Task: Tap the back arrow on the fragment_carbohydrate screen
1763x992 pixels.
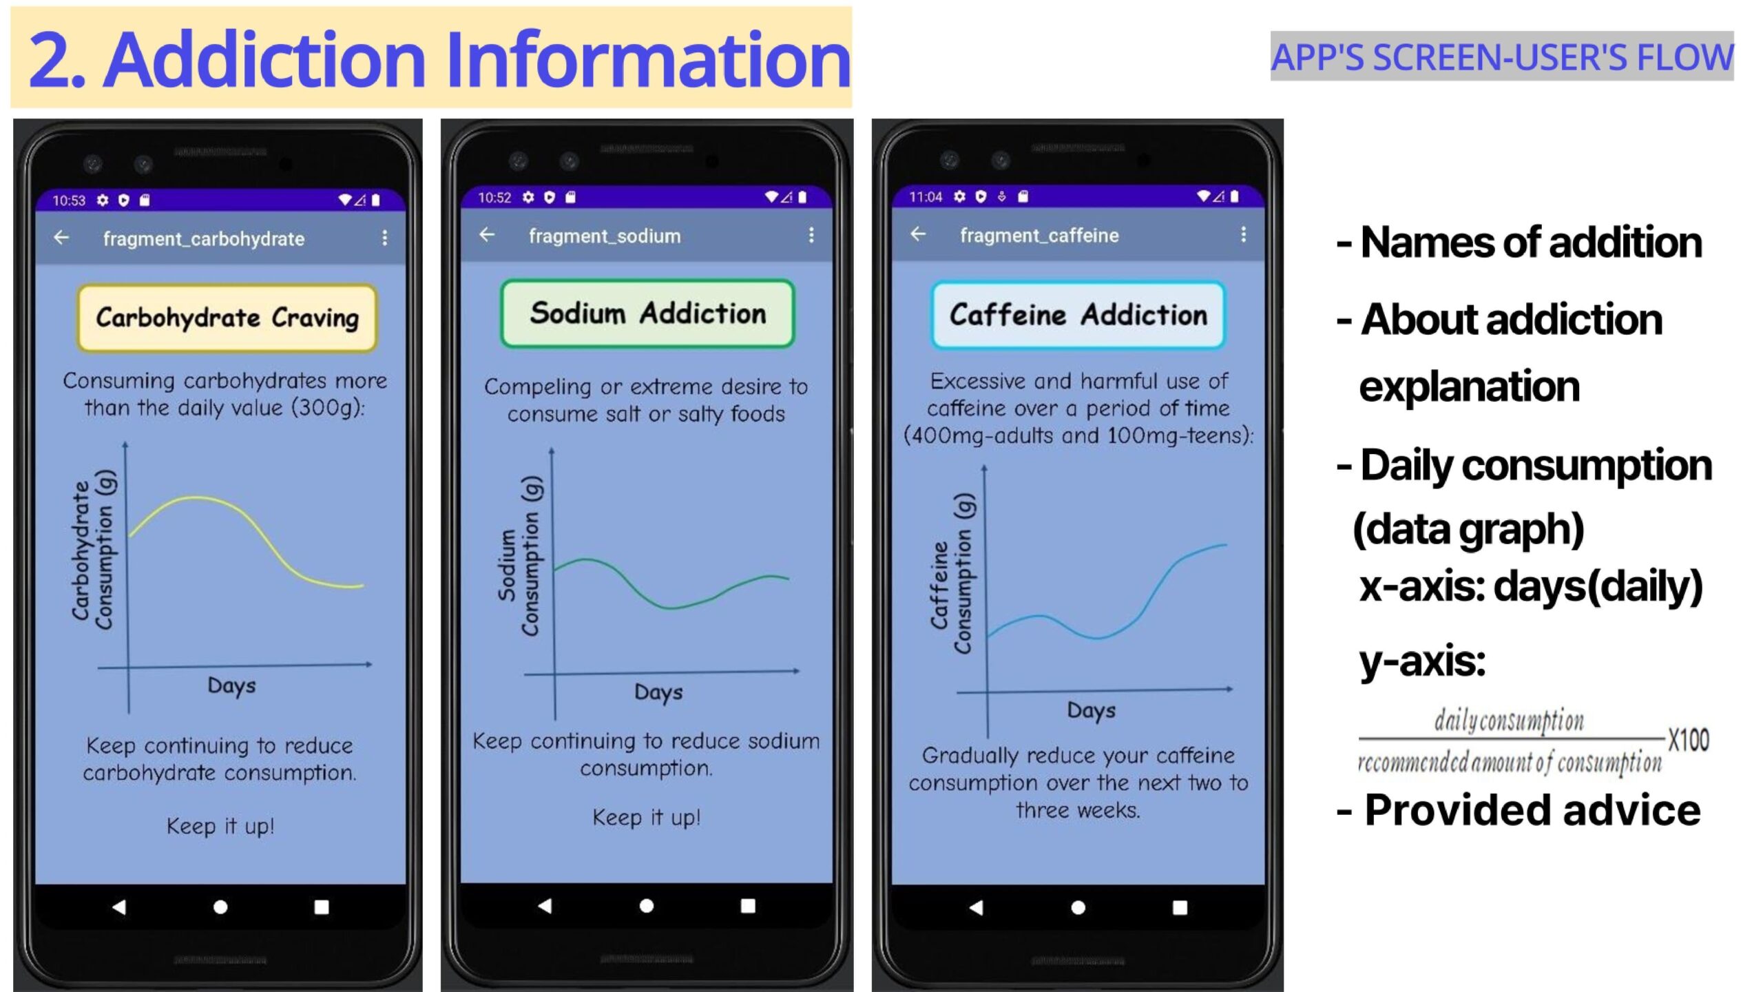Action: click(x=61, y=238)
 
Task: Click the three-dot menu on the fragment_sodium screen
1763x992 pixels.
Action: click(x=811, y=235)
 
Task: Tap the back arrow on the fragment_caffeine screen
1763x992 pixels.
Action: click(x=918, y=234)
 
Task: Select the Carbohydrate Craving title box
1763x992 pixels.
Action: click(x=227, y=318)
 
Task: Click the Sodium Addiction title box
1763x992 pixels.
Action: click(x=647, y=313)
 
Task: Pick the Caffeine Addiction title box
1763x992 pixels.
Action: click(x=1078, y=315)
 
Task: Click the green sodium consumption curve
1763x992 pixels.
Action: click(x=671, y=606)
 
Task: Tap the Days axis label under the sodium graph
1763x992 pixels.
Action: click(x=658, y=692)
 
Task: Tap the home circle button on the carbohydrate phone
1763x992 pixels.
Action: click(x=220, y=907)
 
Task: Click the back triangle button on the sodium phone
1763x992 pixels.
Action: click(x=545, y=905)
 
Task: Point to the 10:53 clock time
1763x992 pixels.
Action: click(x=69, y=200)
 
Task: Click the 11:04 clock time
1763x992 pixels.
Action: click(x=926, y=197)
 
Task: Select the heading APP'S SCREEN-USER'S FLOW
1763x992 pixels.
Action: click(x=1502, y=56)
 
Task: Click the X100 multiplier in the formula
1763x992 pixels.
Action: click(x=1689, y=740)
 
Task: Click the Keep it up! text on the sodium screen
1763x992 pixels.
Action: click(x=647, y=818)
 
